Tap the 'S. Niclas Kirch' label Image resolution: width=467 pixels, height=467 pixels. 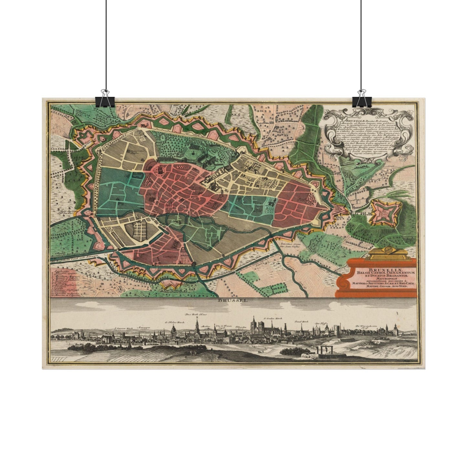click(174, 322)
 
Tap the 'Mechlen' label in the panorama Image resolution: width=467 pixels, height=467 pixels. click(206, 326)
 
